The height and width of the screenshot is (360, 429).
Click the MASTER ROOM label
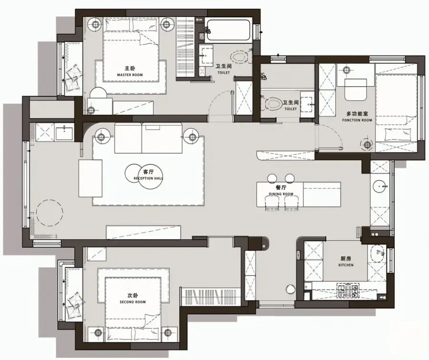(130, 75)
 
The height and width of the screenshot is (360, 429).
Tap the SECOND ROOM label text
(133, 302)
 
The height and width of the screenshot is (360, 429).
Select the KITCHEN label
(346, 265)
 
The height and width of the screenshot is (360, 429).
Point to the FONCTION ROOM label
(357, 120)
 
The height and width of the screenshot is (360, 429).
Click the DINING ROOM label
(281, 194)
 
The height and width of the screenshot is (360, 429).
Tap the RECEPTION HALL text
(148, 178)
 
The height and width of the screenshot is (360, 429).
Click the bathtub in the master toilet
(228, 30)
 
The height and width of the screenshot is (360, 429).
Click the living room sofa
(148, 138)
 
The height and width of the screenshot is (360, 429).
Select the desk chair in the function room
(356, 90)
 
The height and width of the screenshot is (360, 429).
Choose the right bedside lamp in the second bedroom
(168, 332)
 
